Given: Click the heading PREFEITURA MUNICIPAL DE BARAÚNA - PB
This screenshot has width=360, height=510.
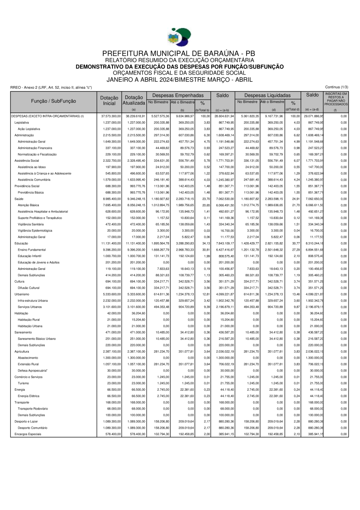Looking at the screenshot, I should click(x=179, y=54).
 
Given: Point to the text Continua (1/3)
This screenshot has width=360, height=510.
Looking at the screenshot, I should click(x=337, y=87).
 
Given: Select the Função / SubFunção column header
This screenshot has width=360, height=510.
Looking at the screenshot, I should click(x=54, y=101).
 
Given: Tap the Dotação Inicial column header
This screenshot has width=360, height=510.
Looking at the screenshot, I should click(x=109, y=100).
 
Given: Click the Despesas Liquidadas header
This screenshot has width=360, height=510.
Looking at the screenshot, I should click(x=267, y=96).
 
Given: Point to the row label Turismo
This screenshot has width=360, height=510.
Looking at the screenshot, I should click(x=24, y=383).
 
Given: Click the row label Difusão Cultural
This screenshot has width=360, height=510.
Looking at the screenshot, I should click(x=29, y=288).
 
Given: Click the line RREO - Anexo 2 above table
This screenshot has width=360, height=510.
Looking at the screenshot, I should click(x=51, y=87).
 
